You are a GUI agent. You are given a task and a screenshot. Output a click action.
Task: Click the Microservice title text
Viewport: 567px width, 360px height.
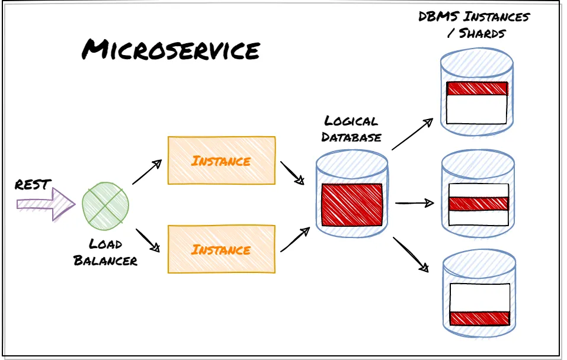(171, 50)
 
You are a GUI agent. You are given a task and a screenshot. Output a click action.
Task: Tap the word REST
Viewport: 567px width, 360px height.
(33, 185)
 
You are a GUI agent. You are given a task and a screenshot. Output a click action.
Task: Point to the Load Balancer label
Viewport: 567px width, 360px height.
(105, 252)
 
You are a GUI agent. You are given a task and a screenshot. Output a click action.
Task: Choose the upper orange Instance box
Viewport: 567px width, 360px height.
(222, 160)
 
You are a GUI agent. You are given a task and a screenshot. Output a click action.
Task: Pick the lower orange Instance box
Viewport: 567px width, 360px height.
(222, 249)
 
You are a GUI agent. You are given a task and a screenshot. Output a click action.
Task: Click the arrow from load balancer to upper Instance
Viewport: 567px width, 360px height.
(147, 172)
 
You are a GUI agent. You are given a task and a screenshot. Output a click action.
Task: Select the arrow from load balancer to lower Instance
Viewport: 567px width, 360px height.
(148, 240)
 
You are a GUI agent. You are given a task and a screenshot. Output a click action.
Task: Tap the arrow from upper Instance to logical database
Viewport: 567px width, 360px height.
(293, 173)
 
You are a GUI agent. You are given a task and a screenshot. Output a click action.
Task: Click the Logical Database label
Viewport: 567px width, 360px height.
(351, 129)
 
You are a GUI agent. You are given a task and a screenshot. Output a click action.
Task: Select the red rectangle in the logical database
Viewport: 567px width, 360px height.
(352, 205)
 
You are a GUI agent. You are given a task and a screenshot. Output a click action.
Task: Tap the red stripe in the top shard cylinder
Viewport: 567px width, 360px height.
(477, 89)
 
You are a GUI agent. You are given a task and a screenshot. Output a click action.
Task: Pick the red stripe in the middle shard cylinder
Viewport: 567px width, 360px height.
(478, 204)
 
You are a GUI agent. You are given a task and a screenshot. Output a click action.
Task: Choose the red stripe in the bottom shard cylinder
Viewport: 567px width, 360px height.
(479, 318)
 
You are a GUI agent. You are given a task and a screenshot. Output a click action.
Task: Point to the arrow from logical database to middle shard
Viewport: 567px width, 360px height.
(414, 203)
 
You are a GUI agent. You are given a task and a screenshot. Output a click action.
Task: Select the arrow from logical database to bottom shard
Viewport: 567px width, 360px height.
(410, 254)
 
